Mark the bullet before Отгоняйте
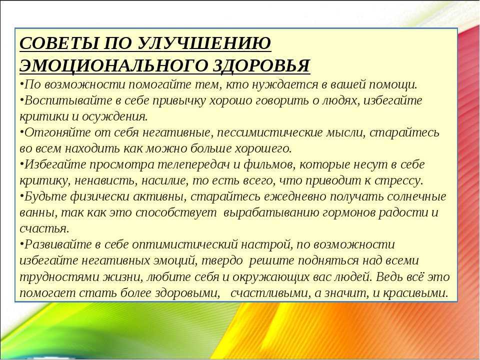tap(21, 131)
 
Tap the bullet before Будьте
tap(21, 195)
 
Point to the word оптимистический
tap(185, 244)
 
